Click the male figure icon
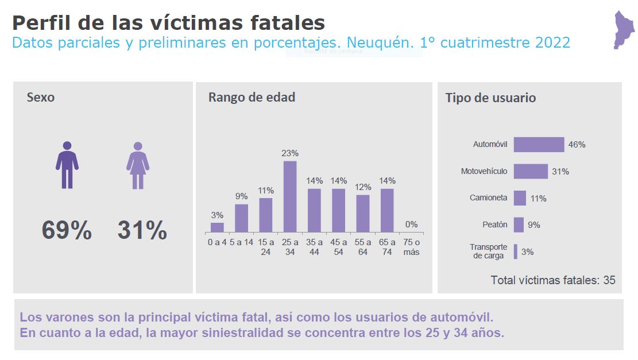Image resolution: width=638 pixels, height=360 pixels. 67,165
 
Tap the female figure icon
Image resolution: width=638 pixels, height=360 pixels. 138,165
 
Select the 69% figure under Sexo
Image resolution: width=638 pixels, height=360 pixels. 67,230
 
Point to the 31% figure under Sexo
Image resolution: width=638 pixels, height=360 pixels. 142,230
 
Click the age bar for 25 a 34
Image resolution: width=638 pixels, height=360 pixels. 290,196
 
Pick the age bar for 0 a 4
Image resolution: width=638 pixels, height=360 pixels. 217,227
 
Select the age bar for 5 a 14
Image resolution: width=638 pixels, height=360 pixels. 241,218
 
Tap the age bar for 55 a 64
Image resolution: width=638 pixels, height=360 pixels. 363,214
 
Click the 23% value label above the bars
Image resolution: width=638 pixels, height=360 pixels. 290,153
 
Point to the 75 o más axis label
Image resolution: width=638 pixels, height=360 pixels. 411,247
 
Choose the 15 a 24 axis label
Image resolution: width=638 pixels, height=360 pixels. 266,247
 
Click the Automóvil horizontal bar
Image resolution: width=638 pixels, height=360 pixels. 539,145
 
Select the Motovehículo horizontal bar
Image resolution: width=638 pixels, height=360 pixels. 531,171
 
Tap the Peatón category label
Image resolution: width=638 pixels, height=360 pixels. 494,224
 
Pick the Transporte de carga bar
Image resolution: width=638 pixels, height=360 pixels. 516,251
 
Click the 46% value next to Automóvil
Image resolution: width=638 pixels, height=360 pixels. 577,145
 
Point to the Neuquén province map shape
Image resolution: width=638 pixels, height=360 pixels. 624,29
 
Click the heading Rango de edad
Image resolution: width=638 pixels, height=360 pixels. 252,98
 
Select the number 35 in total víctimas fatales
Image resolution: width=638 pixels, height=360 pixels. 609,280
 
